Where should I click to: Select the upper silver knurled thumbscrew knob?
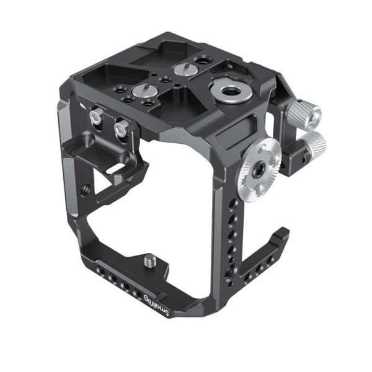coord(305,113)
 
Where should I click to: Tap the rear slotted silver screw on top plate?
coord(182,69)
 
